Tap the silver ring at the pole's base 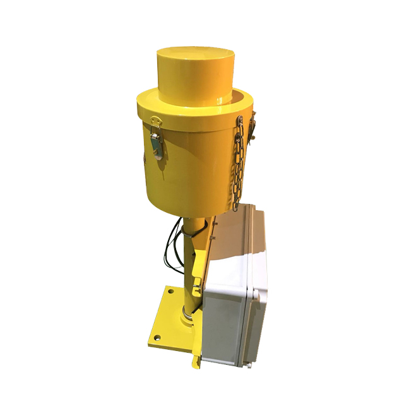187,311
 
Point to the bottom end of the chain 235,206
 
